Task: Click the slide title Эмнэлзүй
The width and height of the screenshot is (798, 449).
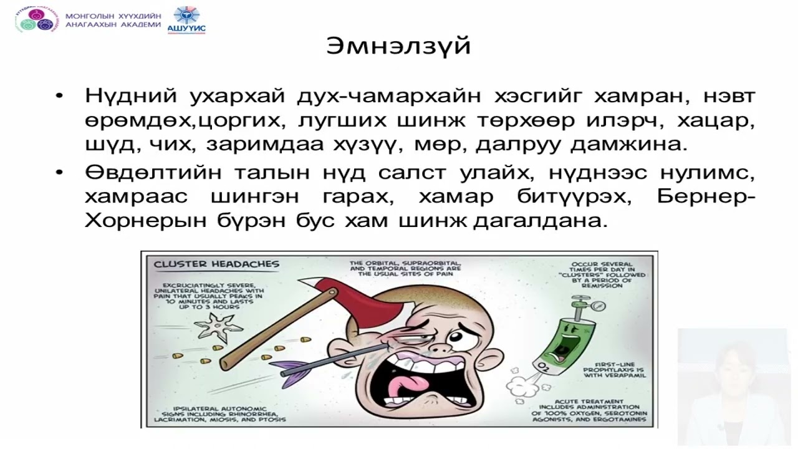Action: (x=398, y=46)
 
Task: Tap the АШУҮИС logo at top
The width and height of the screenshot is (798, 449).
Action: (x=186, y=19)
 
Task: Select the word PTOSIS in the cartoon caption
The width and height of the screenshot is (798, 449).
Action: (x=270, y=420)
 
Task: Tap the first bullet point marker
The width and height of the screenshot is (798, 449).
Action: (x=59, y=98)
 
